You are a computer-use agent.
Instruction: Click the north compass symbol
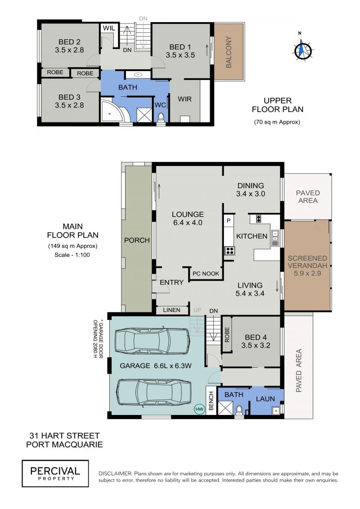[x=302, y=49]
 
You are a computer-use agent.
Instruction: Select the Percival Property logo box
[x=55, y=473]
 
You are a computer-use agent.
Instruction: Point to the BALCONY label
[x=229, y=52]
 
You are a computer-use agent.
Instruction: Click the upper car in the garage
[x=152, y=340]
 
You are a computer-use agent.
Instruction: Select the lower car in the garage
[x=154, y=392]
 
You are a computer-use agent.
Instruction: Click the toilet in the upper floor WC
[x=160, y=117]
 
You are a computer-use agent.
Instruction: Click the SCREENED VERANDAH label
[x=307, y=262]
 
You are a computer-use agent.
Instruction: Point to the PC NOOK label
[x=206, y=274]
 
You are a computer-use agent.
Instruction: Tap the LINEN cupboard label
[x=171, y=310]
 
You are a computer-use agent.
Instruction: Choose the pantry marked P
[x=229, y=221]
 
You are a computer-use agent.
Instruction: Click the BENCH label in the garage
[x=211, y=401]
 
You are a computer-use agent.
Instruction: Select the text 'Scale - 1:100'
[x=72, y=255]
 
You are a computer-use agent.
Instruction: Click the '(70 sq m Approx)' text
[x=277, y=122]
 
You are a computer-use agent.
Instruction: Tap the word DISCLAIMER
[x=115, y=473]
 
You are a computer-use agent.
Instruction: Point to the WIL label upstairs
[x=109, y=28]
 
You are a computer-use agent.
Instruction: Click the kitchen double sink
[x=275, y=238]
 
